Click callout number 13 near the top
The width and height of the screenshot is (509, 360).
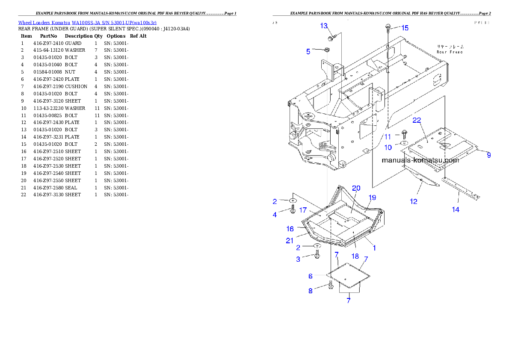point(324,26)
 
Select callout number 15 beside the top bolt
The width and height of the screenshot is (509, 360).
point(404,28)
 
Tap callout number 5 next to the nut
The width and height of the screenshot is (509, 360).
point(308,52)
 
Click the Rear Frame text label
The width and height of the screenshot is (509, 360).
point(450,49)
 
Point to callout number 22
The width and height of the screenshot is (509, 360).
point(417,120)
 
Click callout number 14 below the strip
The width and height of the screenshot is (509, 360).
point(456,210)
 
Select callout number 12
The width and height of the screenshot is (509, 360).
point(414,201)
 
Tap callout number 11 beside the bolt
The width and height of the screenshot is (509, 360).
point(388,137)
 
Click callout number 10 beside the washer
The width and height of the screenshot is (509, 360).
point(388,148)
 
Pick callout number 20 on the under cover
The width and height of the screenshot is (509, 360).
point(356,189)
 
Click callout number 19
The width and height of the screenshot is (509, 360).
point(372,198)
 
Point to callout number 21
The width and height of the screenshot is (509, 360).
point(290,241)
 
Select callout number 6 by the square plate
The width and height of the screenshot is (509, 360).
point(311,277)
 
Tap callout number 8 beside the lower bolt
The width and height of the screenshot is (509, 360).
point(311,291)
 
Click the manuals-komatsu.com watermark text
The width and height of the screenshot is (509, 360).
point(420,160)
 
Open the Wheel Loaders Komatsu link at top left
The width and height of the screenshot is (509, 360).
point(87,22)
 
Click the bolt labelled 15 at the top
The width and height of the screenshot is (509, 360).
point(387,28)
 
